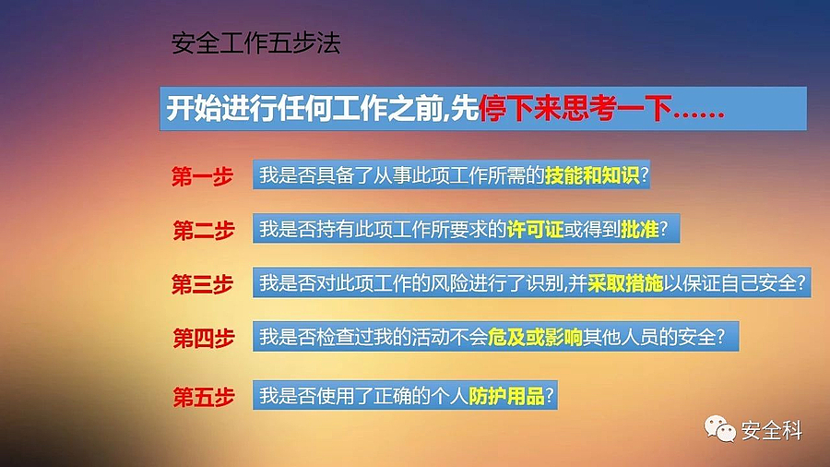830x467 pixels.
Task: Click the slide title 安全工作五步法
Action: click(255, 43)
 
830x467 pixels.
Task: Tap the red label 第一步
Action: click(202, 176)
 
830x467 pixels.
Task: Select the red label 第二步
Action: click(204, 231)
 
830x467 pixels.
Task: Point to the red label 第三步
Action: click(202, 284)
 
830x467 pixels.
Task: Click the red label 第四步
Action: click(204, 338)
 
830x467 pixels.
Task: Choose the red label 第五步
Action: click(204, 397)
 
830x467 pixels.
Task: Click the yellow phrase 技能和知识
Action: click(592, 175)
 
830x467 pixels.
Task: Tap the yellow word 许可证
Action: click(535, 229)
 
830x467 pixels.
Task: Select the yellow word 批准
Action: click(639, 229)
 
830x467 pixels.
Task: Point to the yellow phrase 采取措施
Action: click(625, 283)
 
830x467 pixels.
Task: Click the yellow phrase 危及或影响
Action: click(535, 337)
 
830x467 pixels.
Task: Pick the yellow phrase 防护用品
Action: click(506, 396)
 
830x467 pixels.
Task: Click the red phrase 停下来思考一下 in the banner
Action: click(575, 109)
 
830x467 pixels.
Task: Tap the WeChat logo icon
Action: click(720, 429)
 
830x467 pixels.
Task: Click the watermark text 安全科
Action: click(772, 430)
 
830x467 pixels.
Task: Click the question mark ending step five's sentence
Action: click(550, 396)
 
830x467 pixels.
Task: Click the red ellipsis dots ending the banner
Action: click(698, 114)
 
